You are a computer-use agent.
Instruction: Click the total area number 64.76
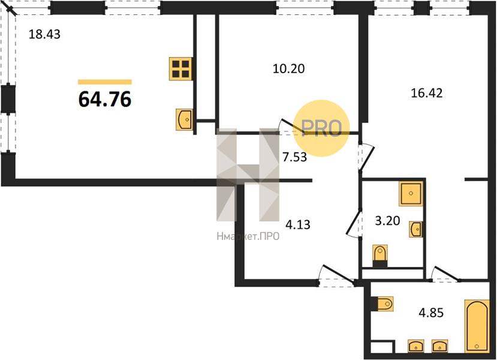point(104,99)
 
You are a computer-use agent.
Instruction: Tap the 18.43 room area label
point(44,34)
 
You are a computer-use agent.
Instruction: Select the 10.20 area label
point(289,68)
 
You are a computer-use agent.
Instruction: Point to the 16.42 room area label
point(426,93)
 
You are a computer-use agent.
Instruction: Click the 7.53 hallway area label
point(295,157)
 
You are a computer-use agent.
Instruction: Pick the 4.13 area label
point(298,225)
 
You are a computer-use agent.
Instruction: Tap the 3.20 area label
point(387,220)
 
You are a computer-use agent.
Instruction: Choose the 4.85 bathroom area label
point(431,313)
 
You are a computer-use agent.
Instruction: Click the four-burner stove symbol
point(180,69)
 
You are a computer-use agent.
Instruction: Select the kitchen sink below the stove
point(184,119)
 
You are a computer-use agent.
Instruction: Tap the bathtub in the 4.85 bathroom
point(477,326)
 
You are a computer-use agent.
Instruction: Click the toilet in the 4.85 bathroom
point(383,304)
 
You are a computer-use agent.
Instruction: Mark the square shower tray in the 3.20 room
point(411,193)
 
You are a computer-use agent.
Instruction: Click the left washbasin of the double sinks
point(416,346)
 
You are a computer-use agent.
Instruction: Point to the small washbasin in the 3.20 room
point(415,229)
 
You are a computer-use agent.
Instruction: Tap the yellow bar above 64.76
point(104,82)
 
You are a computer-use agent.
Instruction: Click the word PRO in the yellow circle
point(321,128)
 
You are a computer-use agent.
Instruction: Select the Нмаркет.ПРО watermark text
point(248,236)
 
